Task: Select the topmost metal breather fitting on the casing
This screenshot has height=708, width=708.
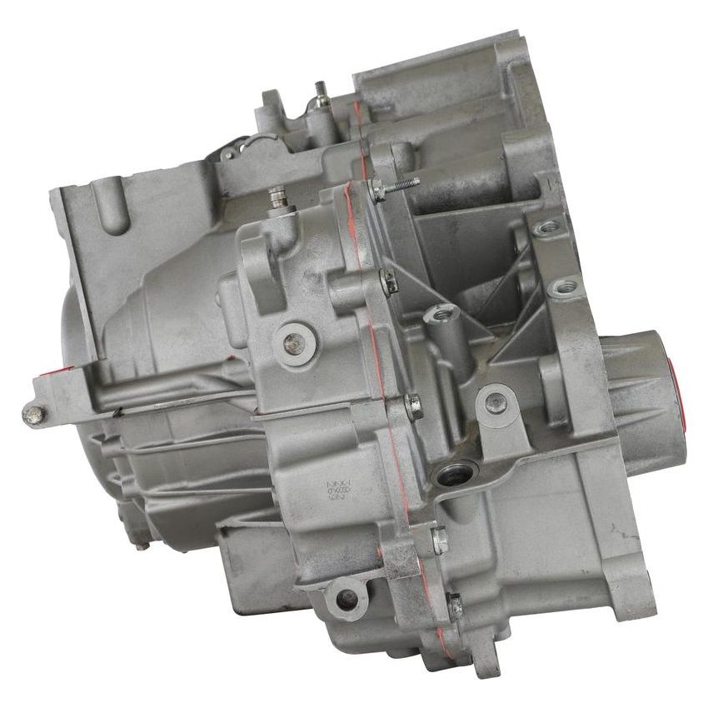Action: (318, 92)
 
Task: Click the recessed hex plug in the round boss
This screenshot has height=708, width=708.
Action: (292, 340)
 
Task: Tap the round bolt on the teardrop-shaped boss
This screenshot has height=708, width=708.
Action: (495, 398)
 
